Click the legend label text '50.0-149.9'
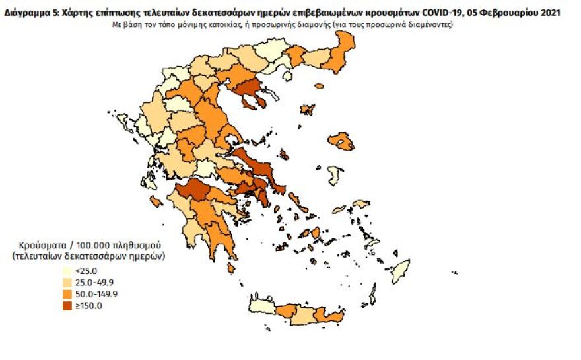pos(97,294)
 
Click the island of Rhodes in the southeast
pos(401,271)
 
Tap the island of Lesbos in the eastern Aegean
pos(341,141)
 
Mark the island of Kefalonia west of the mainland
pos(155,201)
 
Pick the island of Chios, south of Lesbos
pos(335,175)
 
